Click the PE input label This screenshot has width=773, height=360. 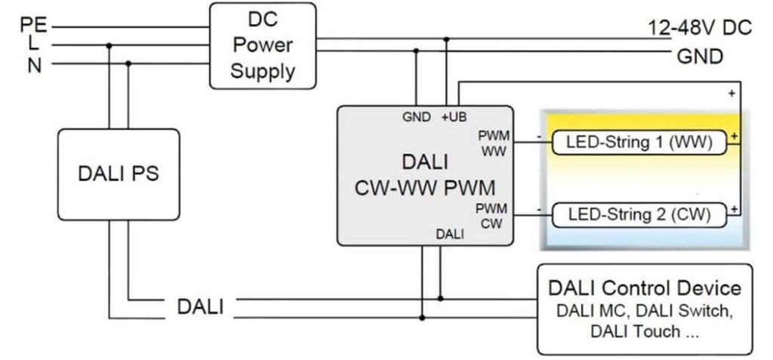(x=32, y=26)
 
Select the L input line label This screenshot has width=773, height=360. (x=34, y=45)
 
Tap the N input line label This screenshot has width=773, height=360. (x=34, y=65)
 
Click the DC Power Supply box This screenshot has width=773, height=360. (x=262, y=45)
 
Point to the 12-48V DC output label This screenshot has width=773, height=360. (x=700, y=28)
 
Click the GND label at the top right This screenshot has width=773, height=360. (x=700, y=56)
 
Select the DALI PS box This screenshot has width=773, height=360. (x=119, y=174)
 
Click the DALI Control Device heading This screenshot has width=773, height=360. (x=645, y=288)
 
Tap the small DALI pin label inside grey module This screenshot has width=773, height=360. (x=449, y=235)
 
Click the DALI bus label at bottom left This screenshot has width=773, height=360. (x=200, y=307)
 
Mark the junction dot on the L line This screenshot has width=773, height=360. (x=109, y=45)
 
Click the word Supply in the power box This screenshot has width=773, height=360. (x=262, y=72)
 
